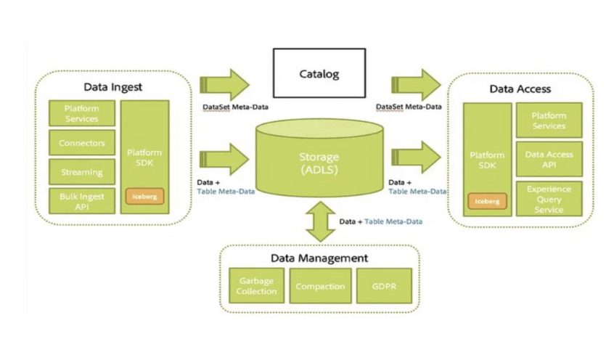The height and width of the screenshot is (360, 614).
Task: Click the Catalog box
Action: point(319,74)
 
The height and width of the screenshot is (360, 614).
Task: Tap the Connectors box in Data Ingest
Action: point(81,144)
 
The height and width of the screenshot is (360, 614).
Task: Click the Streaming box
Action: point(81,173)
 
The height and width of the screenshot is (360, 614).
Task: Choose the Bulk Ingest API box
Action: point(81,201)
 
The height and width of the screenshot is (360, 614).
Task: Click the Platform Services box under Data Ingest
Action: point(81,114)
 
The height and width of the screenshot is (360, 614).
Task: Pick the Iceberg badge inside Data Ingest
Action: point(144,196)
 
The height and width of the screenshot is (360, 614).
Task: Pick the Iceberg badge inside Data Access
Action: point(487,201)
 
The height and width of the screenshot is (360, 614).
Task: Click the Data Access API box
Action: point(549,159)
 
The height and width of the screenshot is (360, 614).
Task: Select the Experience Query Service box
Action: point(549,199)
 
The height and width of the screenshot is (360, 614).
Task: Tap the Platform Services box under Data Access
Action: point(549,120)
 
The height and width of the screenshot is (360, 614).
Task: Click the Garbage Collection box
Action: point(256,286)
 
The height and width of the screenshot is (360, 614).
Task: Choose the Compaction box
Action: point(319,286)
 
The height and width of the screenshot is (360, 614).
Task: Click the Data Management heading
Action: point(319,258)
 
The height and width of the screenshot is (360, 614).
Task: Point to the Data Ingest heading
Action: point(112,87)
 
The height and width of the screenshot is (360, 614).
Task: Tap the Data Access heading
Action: point(520,89)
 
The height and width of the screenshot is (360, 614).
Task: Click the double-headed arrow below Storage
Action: point(319,221)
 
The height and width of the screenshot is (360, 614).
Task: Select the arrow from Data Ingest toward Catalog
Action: point(226,84)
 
